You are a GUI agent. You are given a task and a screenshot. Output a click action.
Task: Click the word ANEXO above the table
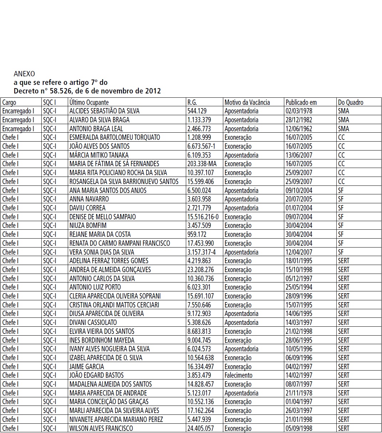24,74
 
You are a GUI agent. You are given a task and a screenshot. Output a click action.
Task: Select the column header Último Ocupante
89,102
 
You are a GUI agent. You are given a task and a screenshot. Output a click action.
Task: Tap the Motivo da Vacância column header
247,102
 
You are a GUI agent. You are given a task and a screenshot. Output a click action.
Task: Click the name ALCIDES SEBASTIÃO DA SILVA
105,111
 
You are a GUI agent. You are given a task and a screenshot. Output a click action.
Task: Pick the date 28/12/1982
299,120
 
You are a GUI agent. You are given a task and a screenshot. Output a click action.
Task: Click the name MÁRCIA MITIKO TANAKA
99,155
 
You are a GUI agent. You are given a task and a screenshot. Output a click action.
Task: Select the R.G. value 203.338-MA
202,164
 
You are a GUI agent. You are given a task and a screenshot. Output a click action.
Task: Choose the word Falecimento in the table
238,375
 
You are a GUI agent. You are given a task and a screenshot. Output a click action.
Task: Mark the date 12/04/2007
299,252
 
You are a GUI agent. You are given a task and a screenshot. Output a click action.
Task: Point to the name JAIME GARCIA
87,367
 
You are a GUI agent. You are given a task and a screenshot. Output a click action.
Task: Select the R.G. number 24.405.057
200,428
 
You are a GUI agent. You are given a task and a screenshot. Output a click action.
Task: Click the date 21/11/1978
299,393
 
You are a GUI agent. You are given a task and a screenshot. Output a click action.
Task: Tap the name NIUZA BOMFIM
88,225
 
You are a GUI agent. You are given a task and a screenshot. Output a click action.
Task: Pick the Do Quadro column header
351,102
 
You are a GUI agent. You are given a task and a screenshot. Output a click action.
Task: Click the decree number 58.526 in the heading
60,91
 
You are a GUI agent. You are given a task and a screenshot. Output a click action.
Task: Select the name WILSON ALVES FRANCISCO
101,428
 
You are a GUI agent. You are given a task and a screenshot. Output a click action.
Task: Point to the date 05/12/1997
299,279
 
